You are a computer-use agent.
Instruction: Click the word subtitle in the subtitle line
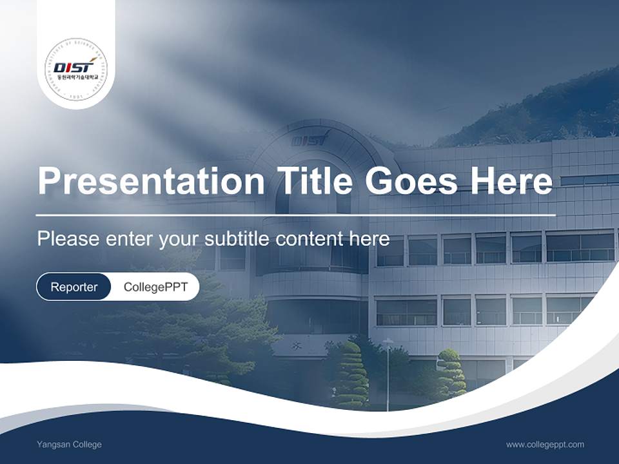(x=238, y=238)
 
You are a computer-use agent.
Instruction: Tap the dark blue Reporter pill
(x=74, y=287)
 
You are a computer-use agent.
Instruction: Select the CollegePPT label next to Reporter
(x=155, y=287)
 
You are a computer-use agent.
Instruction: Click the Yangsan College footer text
(x=69, y=444)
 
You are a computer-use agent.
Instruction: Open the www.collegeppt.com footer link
(x=545, y=444)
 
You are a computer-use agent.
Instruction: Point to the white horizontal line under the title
(x=296, y=215)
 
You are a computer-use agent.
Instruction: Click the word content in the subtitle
(x=311, y=238)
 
